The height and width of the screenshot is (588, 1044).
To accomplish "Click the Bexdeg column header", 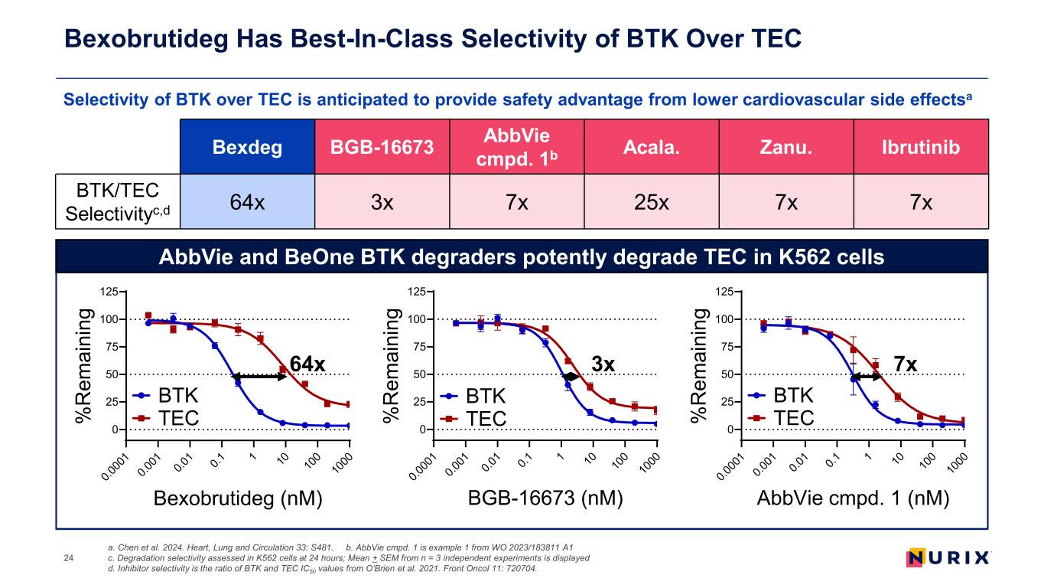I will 246,147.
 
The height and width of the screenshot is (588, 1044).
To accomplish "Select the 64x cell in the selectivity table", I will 246,203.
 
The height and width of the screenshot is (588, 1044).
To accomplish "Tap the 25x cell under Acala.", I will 651,203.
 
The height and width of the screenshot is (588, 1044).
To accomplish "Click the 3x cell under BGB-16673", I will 382,203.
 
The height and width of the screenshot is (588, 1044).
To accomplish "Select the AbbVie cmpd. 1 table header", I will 516,147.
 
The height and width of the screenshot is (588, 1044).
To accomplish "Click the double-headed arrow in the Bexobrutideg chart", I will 259,376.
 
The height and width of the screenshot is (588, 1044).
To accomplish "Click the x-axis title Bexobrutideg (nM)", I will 238,498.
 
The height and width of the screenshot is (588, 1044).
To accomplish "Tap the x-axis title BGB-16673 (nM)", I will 544,498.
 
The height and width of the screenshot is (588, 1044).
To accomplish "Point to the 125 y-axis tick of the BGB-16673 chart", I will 416,292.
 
